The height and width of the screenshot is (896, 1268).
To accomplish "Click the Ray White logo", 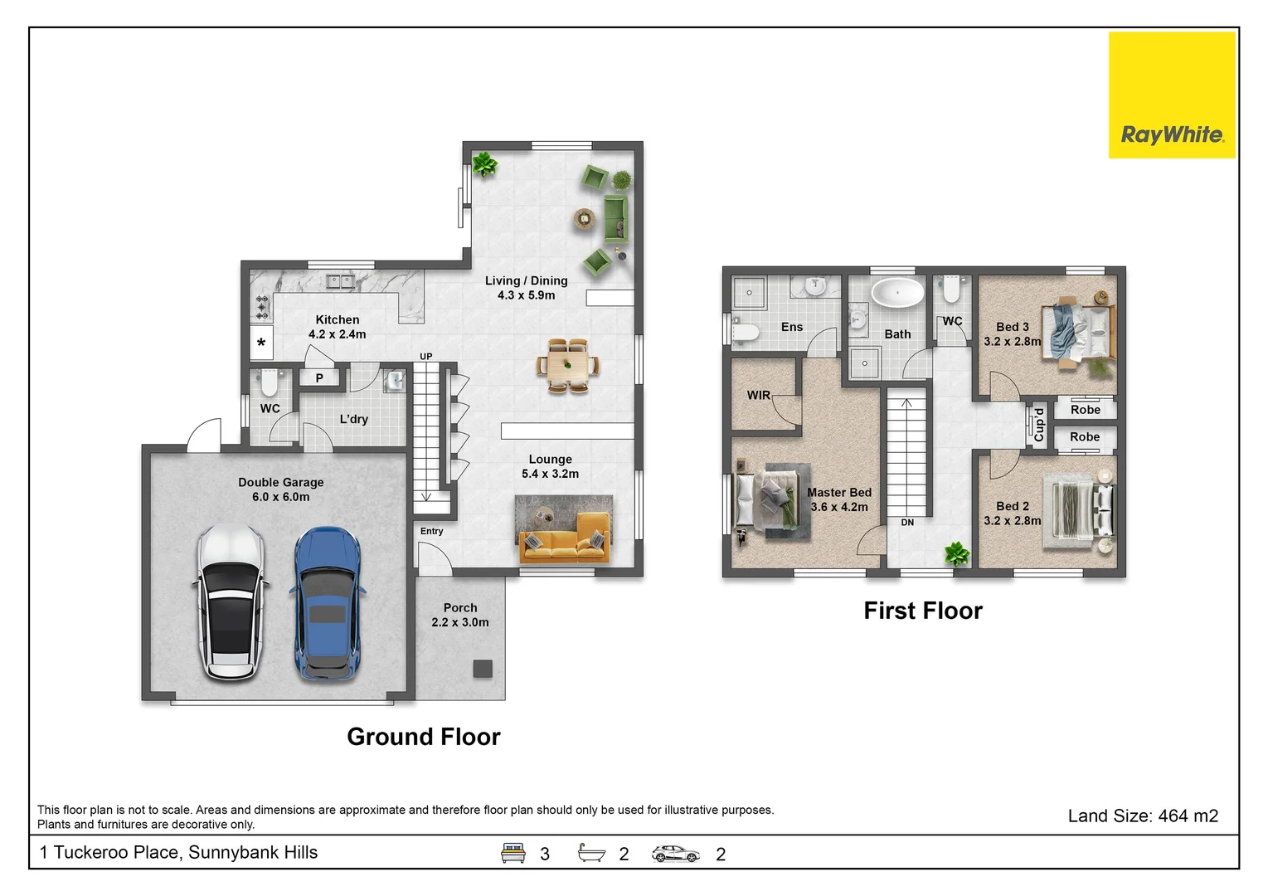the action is [1172, 95].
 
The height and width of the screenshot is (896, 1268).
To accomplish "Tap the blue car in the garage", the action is [328, 604].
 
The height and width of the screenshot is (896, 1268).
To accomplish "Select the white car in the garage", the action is [231, 601].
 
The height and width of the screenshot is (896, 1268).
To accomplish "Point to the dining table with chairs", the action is [568, 365].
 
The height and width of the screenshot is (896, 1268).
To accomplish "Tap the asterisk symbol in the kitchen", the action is [261, 343].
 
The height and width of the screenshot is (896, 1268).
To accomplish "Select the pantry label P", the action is [319, 377].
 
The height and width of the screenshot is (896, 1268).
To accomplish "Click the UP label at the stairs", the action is [426, 356].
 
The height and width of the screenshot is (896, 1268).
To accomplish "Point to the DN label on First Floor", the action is [907, 522].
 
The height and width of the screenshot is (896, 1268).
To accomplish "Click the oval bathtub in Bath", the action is [897, 293].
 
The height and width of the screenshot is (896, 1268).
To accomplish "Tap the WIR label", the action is [759, 395].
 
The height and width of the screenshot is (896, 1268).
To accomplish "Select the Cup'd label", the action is [1039, 424].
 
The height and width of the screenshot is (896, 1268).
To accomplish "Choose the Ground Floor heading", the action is [424, 737].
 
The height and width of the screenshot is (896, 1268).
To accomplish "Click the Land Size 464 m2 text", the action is [1143, 816].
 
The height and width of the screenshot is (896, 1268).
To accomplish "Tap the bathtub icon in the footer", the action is [591, 853].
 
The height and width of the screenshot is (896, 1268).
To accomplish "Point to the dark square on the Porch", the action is [483, 669].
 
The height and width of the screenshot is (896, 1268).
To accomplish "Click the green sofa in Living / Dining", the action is [616, 218].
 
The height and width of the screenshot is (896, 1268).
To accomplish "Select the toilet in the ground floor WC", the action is [269, 383].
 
